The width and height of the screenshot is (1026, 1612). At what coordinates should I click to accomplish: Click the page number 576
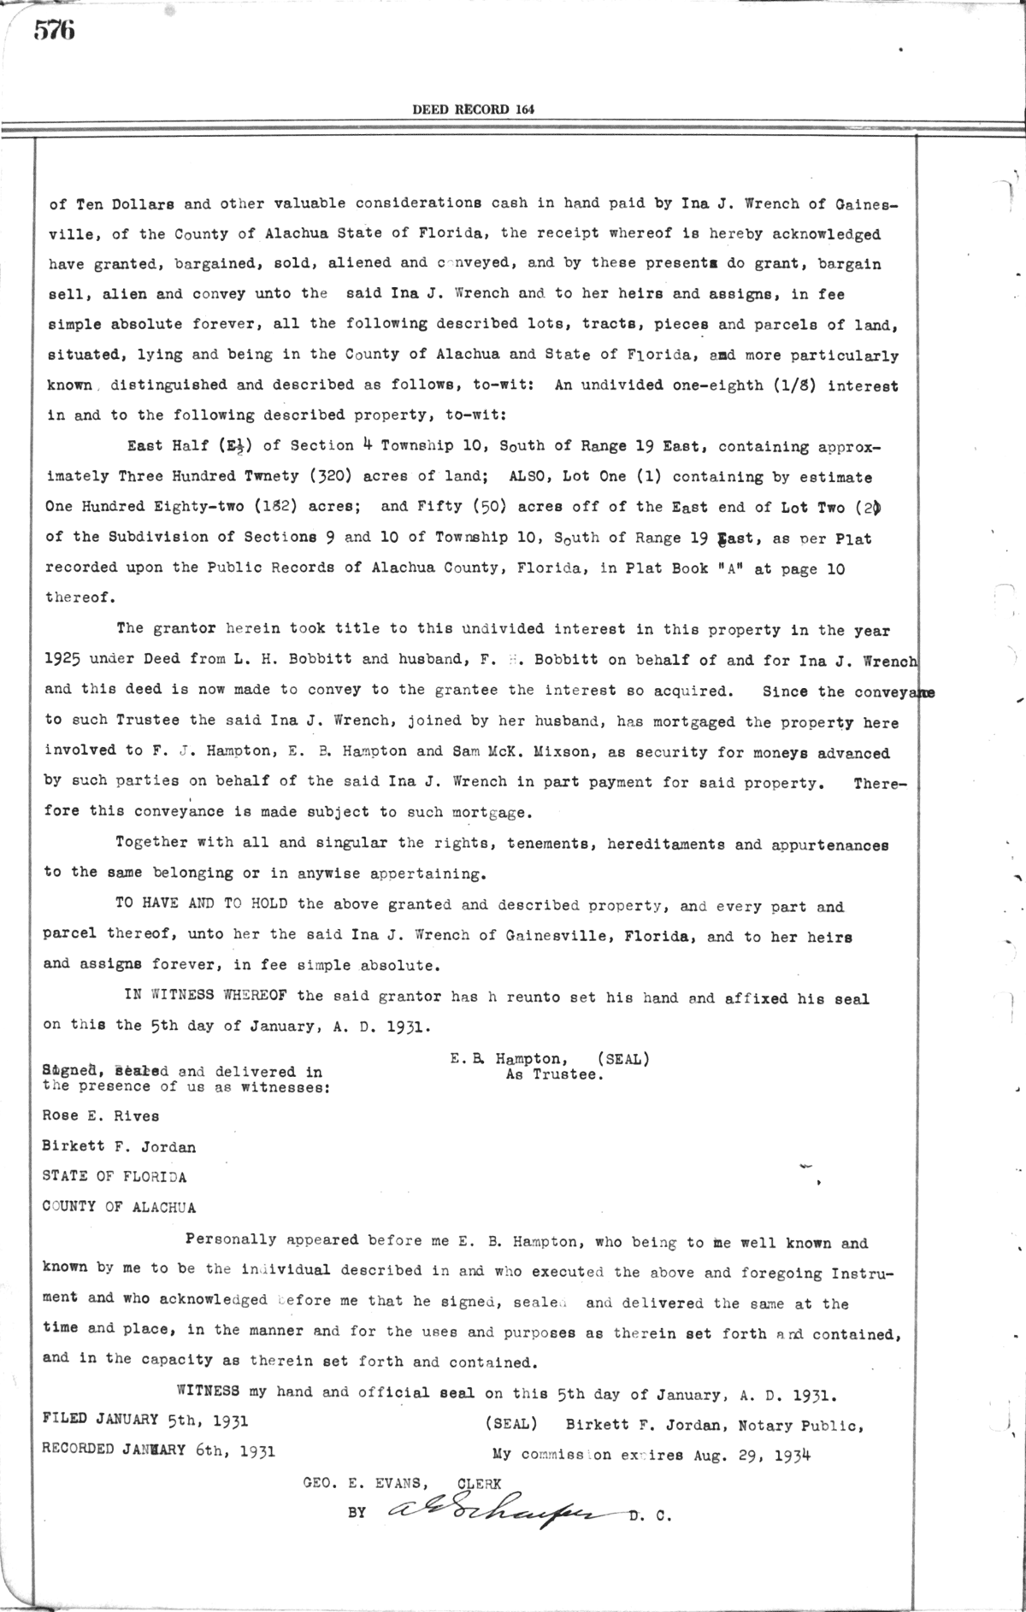tap(55, 31)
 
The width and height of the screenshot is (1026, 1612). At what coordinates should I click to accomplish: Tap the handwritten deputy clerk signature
tap(500, 1513)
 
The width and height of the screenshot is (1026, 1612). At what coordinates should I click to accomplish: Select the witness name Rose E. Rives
tap(101, 1115)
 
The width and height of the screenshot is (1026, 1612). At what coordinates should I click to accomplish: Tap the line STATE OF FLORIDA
tap(115, 1177)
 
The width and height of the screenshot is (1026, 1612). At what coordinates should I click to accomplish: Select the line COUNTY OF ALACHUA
tap(119, 1207)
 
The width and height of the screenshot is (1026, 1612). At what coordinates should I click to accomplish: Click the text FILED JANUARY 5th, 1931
tap(145, 1420)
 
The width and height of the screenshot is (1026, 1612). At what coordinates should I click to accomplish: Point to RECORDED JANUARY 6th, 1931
tap(159, 1450)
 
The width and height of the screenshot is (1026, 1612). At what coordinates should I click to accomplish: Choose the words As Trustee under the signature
tap(555, 1075)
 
